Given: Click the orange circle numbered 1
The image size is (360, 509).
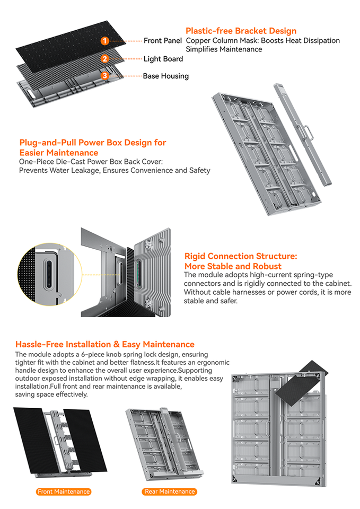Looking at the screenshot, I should click(x=105, y=41).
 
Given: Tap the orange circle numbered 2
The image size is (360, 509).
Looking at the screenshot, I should click(x=105, y=59).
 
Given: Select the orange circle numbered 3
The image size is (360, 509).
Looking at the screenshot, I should click(x=105, y=76).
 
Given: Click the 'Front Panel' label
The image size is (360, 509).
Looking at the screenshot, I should click(x=163, y=41).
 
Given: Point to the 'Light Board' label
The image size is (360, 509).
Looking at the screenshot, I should click(x=163, y=59).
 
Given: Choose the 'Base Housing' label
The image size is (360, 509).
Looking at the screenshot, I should click(x=165, y=76).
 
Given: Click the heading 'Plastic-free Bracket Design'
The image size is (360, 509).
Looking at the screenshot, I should click(x=241, y=31).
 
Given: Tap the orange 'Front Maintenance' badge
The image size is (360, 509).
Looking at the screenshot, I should click(x=64, y=492).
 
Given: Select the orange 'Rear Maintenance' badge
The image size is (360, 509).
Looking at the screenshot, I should click(x=170, y=492).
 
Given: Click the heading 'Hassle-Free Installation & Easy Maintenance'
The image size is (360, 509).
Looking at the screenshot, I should click(x=105, y=344).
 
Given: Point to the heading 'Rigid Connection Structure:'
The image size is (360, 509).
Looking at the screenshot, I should click(x=241, y=256).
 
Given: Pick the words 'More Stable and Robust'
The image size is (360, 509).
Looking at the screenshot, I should click(x=233, y=266).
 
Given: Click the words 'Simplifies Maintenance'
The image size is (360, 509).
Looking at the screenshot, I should click(x=224, y=49).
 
